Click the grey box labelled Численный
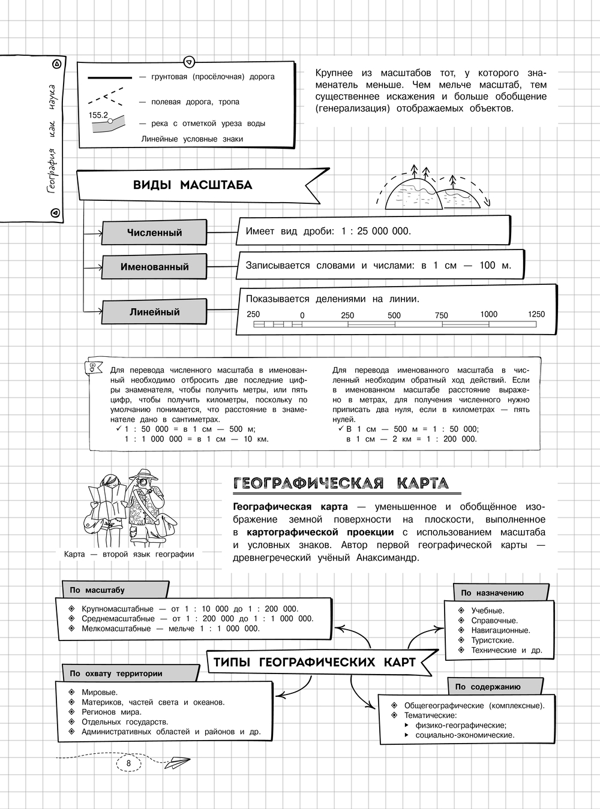[154, 233]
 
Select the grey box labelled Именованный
[154, 267]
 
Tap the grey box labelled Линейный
[154, 312]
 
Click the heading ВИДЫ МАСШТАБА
[193, 185]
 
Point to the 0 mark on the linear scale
[302, 315]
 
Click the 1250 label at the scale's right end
[536, 314]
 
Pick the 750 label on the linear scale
[442, 315]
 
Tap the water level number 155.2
[98, 115]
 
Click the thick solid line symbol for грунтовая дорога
[110, 77]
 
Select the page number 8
[128, 762]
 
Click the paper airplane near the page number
[176, 763]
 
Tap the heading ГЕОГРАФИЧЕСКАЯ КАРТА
[340, 483]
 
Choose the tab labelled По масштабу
[97, 590]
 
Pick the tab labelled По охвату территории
[116, 673]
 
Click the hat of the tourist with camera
[144, 474]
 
